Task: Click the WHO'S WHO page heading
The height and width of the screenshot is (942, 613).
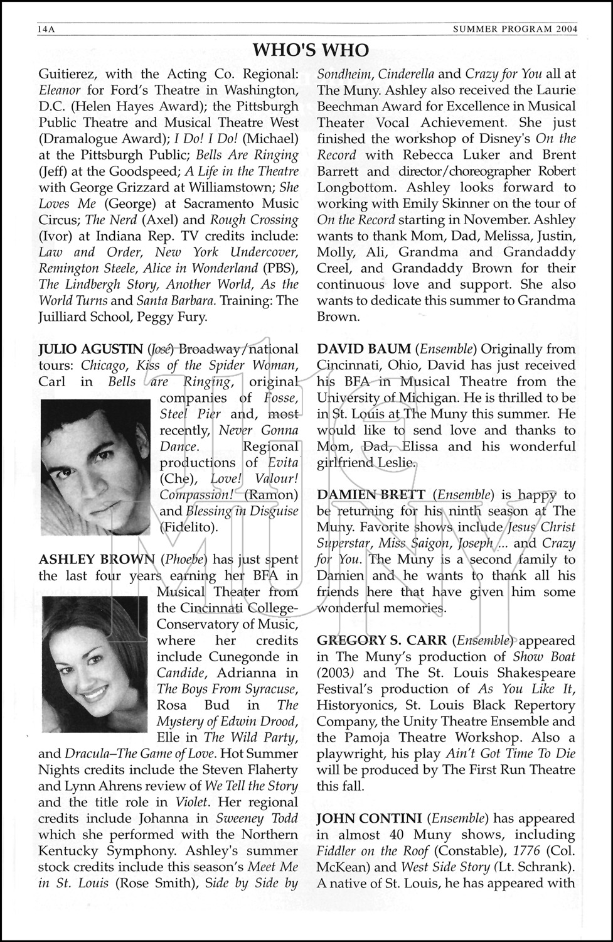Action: point(311,50)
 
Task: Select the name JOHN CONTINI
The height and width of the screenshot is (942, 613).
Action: point(369,818)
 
